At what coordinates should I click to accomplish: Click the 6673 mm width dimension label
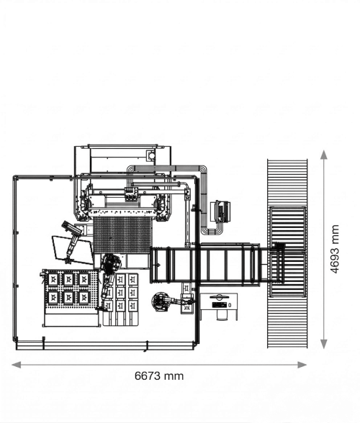159,376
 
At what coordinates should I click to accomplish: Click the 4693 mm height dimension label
335,249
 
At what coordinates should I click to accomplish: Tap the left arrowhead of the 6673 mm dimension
17,365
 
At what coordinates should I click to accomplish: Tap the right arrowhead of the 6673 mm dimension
302,365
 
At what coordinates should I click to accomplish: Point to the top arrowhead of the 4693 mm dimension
324,155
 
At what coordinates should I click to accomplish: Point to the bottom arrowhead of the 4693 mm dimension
324,344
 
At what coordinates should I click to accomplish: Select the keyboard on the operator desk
220,305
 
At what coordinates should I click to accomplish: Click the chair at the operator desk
222,315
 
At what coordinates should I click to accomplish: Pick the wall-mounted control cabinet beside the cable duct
220,212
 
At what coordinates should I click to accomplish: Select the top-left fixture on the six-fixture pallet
53,279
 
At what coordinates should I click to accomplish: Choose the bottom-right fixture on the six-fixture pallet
84,297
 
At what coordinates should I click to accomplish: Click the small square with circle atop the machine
150,155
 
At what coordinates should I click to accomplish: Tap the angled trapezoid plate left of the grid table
73,250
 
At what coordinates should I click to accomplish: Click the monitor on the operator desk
220,297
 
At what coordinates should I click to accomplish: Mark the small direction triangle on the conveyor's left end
158,265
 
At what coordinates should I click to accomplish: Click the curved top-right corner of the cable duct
203,169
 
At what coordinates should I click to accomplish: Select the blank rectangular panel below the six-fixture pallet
71,320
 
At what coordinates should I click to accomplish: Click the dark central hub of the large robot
110,262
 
